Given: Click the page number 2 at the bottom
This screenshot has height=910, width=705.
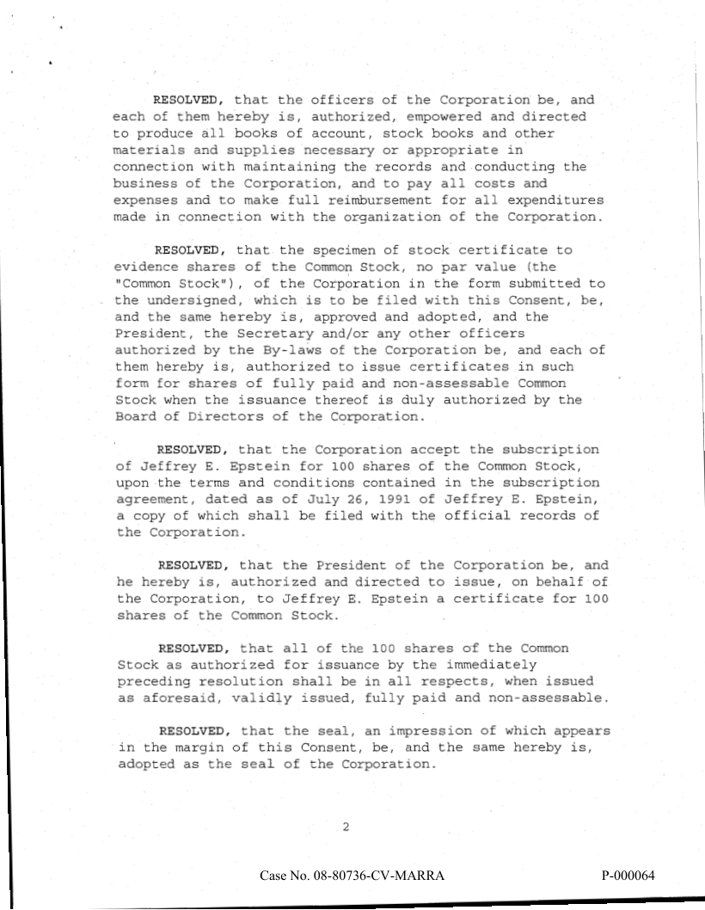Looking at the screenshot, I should click(x=346, y=827).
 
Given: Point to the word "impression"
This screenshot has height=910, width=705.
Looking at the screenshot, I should click(x=407, y=732).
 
